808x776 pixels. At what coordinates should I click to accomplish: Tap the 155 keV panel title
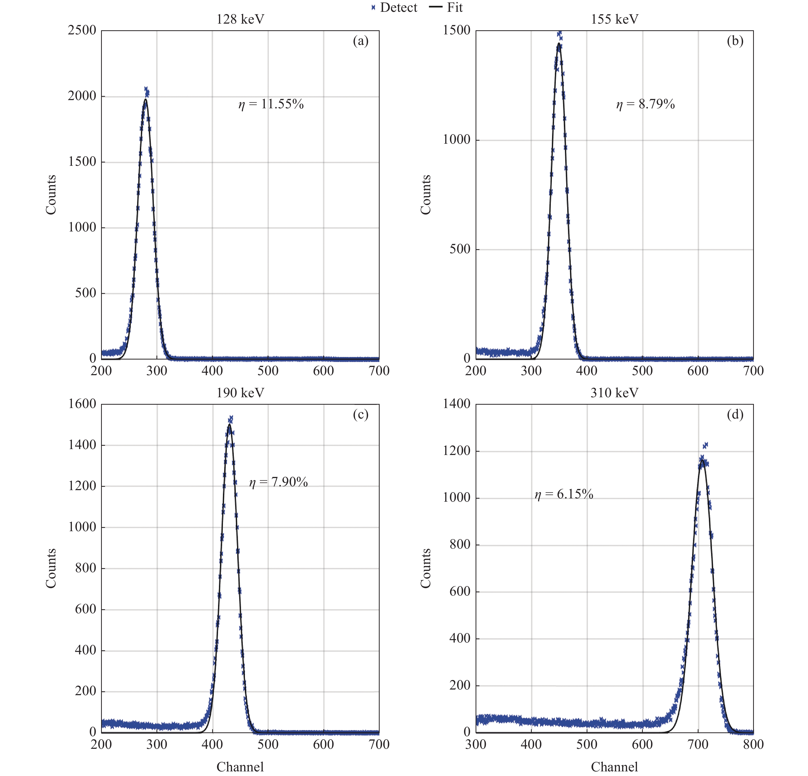pyautogui.click(x=614, y=20)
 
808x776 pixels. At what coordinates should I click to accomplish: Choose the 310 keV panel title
pyautogui.click(x=614, y=393)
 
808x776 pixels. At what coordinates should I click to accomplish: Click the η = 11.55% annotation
pyautogui.click(x=271, y=104)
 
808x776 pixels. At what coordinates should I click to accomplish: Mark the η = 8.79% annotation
pyautogui.click(x=645, y=104)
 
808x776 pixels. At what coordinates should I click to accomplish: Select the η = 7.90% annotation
pyautogui.click(x=278, y=482)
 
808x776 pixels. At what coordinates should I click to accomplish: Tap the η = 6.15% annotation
pyautogui.click(x=564, y=494)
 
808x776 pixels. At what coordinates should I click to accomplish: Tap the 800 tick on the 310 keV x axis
pyautogui.click(x=753, y=744)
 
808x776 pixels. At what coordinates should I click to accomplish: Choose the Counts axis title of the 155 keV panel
pyautogui.click(x=426, y=195)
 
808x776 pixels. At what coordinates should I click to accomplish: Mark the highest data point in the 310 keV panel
pyautogui.click(x=706, y=445)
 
